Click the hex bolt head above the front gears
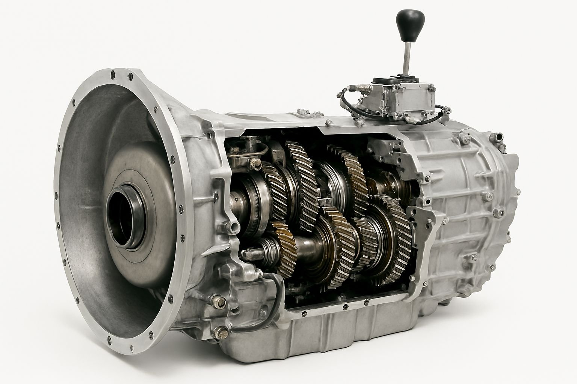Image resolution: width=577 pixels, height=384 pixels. coord(257,163)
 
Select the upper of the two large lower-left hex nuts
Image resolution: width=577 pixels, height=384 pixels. coord(218,301)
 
